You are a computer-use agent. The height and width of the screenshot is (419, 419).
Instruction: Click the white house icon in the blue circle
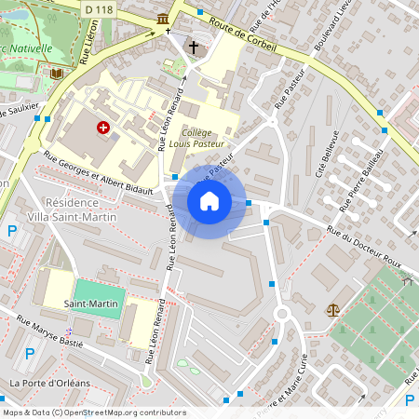(x=209, y=201)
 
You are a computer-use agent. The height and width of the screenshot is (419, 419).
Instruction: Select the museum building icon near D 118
(x=164, y=19)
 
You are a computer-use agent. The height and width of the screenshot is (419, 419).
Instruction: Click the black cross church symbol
(x=195, y=47)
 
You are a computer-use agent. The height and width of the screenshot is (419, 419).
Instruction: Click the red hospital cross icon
(x=102, y=127)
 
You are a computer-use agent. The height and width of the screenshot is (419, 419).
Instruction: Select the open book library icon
(x=58, y=73)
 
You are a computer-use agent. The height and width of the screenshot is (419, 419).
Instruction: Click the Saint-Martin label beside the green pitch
(x=89, y=304)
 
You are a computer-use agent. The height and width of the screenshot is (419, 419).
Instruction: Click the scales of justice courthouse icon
(x=332, y=309)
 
